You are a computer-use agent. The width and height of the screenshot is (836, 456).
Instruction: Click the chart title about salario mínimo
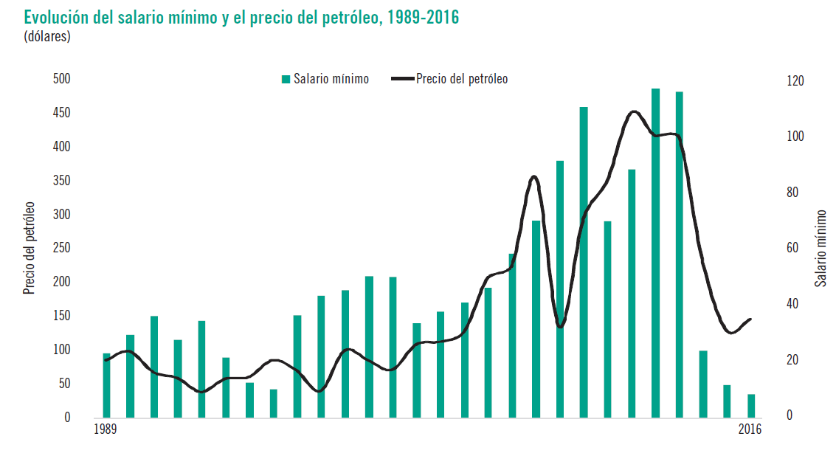point(241,17)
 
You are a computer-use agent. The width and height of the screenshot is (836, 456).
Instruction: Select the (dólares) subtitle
point(47,35)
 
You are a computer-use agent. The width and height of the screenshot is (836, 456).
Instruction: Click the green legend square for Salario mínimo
point(286,79)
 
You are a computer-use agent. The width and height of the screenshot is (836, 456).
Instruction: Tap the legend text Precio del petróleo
point(462,79)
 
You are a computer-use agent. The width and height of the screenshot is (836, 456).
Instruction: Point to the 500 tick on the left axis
point(61,79)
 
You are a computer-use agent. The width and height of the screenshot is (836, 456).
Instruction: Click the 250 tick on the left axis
point(61,248)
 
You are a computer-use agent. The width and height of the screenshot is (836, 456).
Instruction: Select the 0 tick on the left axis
point(67,417)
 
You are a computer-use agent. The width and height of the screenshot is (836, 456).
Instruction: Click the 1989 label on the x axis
point(107,430)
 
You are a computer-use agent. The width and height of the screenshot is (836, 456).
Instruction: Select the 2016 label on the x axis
point(750,430)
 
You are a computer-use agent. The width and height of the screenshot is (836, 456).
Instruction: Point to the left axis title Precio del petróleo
point(30,247)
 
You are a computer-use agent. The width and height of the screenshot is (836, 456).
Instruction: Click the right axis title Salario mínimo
point(820,247)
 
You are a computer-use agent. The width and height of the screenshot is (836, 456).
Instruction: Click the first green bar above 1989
point(106,385)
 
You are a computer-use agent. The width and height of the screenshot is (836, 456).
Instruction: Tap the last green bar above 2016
point(751,406)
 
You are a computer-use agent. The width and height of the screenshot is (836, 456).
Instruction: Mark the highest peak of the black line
point(634,111)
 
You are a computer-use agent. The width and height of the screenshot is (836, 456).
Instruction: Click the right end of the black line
point(750,319)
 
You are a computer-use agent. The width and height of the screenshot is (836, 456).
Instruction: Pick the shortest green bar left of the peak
point(273,403)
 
